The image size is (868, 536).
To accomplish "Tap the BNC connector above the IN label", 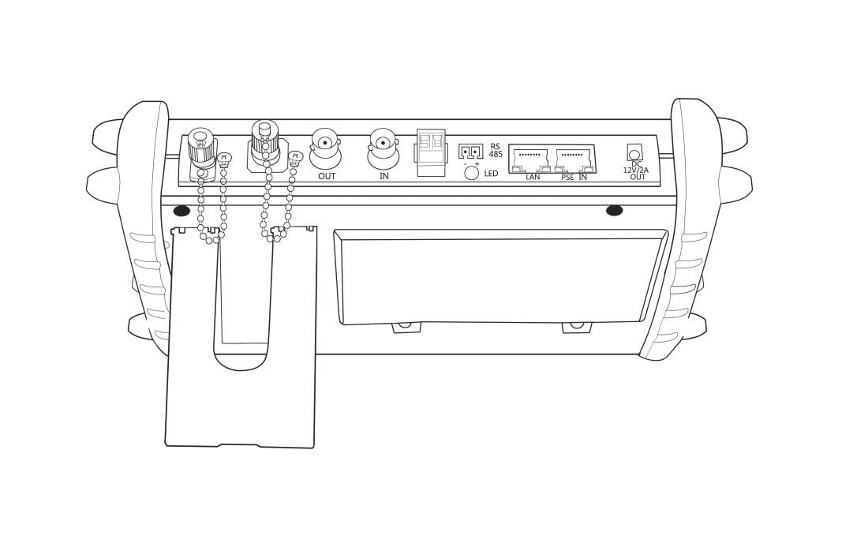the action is [383, 148].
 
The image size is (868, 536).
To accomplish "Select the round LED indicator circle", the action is [472, 173].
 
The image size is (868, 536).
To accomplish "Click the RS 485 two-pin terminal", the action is [470, 152].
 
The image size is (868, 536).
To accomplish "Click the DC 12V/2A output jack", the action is [634, 152].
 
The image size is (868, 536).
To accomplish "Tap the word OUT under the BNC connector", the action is [327, 177].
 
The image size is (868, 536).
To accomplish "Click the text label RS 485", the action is [496, 151].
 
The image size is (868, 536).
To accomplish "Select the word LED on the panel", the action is [491, 174].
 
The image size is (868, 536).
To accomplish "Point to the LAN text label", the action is [533, 177].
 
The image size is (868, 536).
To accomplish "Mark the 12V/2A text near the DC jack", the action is [635, 171].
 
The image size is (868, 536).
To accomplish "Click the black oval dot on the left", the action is [181, 211].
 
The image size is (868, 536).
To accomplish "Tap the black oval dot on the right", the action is [614, 211].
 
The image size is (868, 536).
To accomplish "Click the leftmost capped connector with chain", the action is [202, 152].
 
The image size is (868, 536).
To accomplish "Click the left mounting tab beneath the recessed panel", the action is [406, 328].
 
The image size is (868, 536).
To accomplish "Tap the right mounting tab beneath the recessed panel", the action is [576, 328].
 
